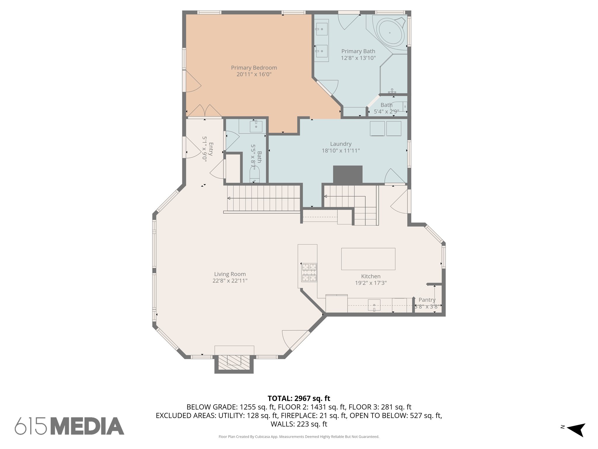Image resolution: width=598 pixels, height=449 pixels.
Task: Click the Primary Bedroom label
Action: (x=254, y=68)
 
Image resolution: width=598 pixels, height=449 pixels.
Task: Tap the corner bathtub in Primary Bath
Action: (x=390, y=32)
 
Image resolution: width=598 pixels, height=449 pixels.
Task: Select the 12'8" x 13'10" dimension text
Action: (x=358, y=58)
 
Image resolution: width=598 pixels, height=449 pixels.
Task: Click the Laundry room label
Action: (x=340, y=144)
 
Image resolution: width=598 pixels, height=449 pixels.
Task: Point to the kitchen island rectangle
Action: (x=368, y=259)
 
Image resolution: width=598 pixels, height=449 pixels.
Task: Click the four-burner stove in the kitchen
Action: (x=309, y=272)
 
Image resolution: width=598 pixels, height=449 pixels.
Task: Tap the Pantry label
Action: (x=427, y=300)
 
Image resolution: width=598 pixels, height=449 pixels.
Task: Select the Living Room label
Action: (x=230, y=274)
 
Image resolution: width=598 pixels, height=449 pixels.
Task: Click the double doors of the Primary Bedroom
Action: (x=204, y=111)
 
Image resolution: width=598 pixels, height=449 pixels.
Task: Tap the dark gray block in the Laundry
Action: (x=347, y=175)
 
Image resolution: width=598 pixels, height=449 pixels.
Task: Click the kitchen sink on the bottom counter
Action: (x=374, y=305)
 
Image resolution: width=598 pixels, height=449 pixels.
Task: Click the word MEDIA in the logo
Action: (x=88, y=426)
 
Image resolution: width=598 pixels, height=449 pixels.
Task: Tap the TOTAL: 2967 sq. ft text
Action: (x=299, y=398)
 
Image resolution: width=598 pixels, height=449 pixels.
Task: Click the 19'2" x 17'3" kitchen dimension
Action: (x=371, y=283)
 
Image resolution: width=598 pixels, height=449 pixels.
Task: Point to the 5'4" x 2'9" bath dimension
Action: (x=386, y=111)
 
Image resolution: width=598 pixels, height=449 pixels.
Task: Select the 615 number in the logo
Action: (x=31, y=426)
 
